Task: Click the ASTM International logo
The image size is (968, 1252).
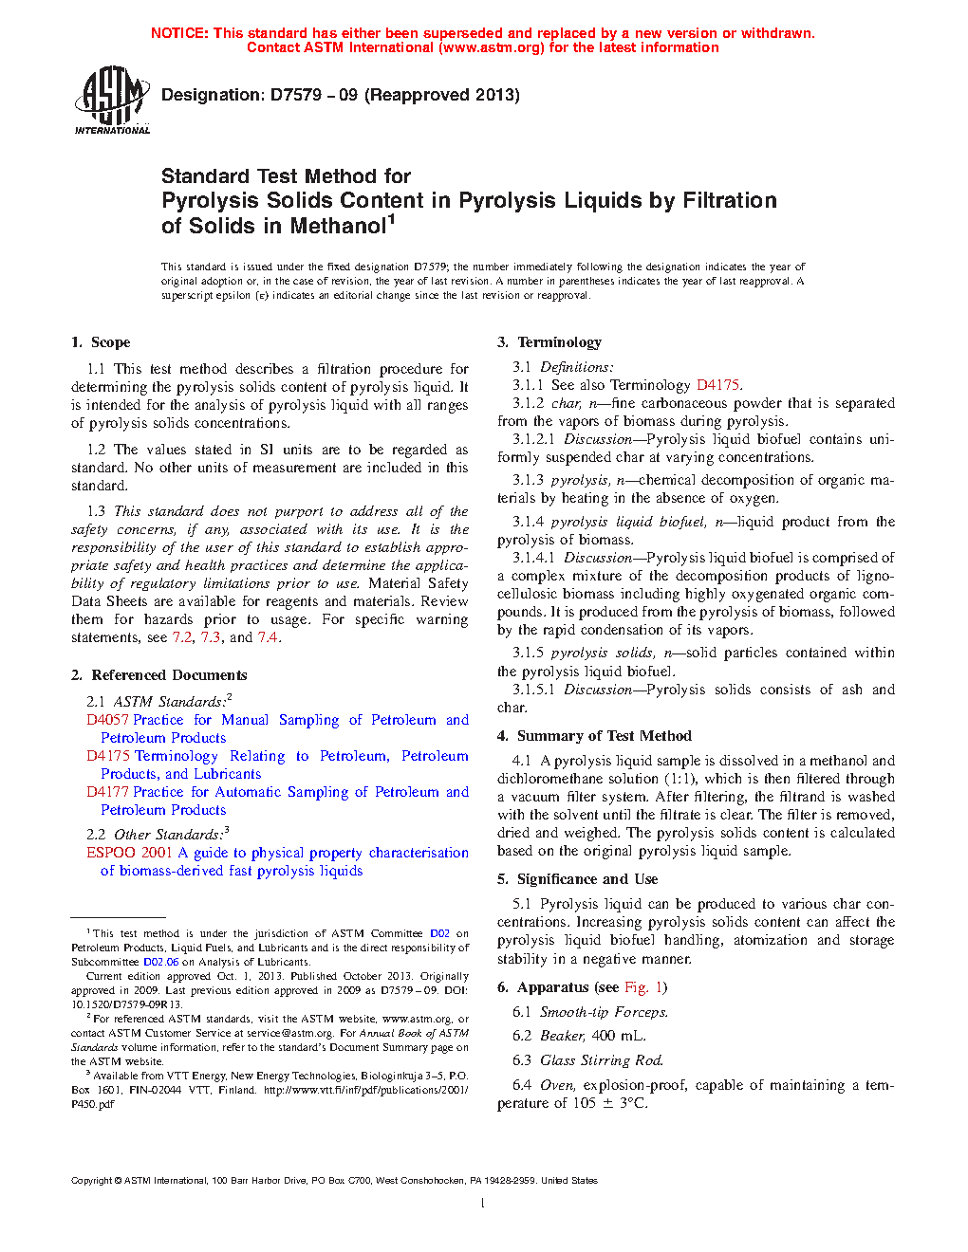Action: tap(111, 100)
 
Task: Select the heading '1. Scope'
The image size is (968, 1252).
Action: tap(101, 342)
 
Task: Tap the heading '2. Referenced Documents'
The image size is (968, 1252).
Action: tap(158, 675)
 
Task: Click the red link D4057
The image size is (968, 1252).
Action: tap(107, 720)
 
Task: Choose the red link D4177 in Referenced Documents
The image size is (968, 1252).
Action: tap(107, 792)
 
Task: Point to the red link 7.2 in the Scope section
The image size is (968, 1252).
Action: tap(182, 637)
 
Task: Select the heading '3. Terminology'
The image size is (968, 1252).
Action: tap(549, 342)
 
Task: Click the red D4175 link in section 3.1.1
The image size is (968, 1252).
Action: tap(717, 385)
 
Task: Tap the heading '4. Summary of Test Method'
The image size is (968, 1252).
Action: tap(594, 736)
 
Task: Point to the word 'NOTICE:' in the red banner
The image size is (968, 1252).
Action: tap(179, 33)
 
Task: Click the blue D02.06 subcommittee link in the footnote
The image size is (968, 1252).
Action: tap(160, 962)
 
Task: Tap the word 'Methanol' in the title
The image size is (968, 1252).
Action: tap(339, 227)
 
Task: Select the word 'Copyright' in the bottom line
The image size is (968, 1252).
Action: tap(91, 1181)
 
